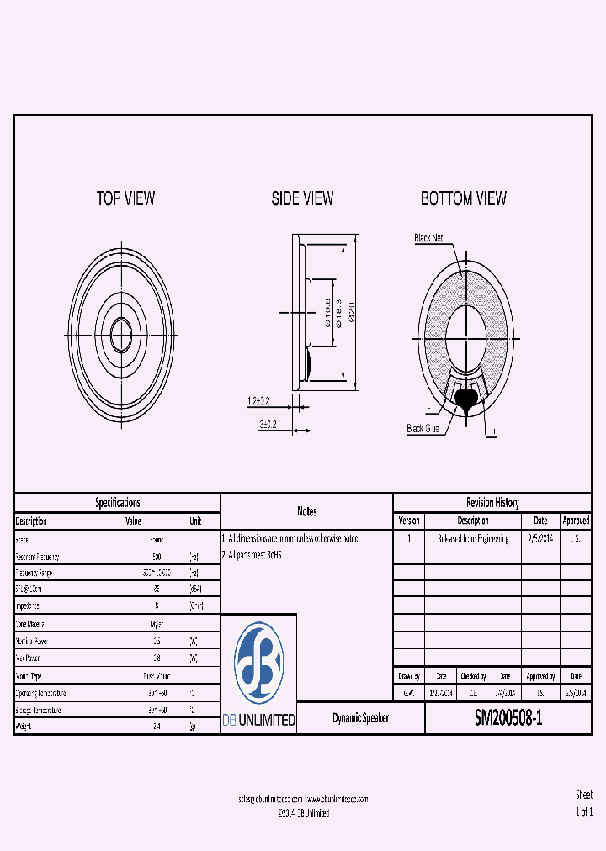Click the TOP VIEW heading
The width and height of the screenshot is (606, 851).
[x=125, y=198]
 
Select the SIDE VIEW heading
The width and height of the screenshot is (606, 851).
[x=302, y=198]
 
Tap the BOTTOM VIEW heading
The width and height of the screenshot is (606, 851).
[x=464, y=198]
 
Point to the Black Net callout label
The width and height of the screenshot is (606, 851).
[x=428, y=238]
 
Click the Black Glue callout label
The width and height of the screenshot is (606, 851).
[x=423, y=429]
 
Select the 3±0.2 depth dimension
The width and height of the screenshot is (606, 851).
[x=268, y=425]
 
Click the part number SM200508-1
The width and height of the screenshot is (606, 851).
[x=508, y=718]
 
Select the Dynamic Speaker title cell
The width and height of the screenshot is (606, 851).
[x=360, y=719]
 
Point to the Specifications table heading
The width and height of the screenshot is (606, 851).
[x=117, y=503]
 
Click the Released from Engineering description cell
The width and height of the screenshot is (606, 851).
[x=473, y=539]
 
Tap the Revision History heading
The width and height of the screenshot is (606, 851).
[x=492, y=503]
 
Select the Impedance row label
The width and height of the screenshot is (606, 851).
[x=27, y=605]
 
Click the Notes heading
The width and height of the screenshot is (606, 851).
[x=306, y=511]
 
